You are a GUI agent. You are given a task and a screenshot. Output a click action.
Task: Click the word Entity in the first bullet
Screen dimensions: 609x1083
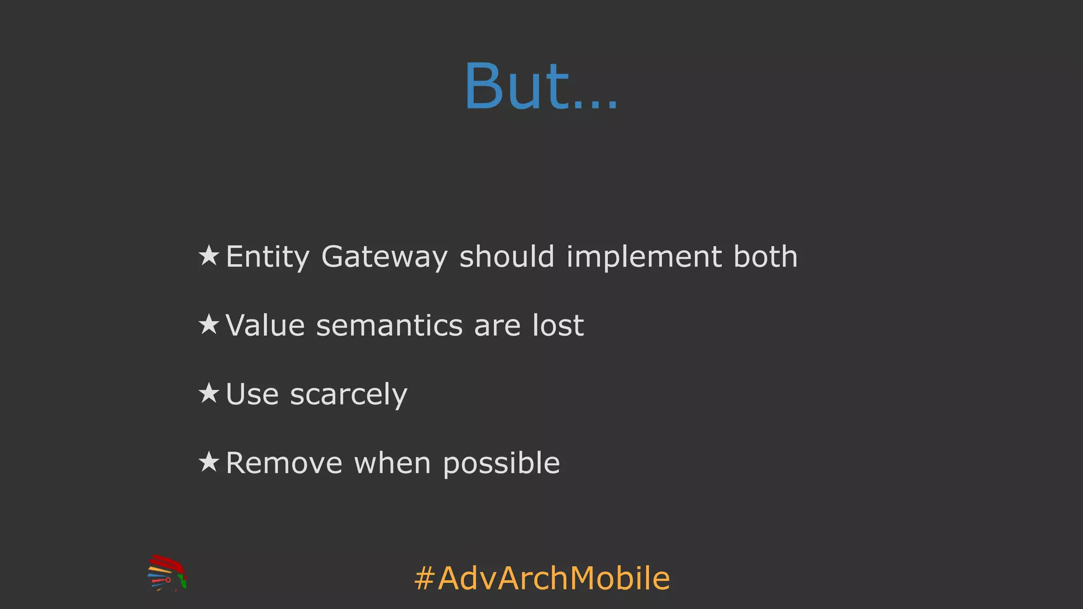pyautogui.click(x=268, y=257)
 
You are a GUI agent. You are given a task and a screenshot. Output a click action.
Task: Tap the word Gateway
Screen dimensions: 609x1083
pyautogui.click(x=384, y=257)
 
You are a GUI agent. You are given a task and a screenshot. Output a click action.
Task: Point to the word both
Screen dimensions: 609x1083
pyautogui.click(x=765, y=257)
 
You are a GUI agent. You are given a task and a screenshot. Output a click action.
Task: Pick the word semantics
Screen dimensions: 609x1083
pyautogui.click(x=390, y=325)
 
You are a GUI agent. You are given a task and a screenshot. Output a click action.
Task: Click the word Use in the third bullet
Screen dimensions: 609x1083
pyautogui.click(x=252, y=394)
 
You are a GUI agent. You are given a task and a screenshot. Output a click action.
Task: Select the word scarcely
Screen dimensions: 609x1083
pyautogui.click(x=348, y=394)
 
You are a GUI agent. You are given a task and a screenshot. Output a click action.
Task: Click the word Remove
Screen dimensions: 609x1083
pyautogui.click(x=284, y=463)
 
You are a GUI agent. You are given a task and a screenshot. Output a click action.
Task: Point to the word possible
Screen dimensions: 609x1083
pyautogui.click(x=501, y=463)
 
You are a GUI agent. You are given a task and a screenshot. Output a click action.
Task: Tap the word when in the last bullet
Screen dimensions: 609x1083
pyautogui.click(x=392, y=463)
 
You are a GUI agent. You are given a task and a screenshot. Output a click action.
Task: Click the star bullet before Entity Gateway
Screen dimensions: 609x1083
pyautogui.click(x=209, y=256)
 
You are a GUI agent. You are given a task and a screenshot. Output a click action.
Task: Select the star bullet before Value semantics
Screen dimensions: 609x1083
pyautogui.click(x=209, y=324)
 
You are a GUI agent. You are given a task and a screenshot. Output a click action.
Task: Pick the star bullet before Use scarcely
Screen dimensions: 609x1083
pyautogui.click(x=209, y=393)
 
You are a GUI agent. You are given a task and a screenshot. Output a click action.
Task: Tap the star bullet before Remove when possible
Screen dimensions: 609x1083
pyautogui.click(x=209, y=462)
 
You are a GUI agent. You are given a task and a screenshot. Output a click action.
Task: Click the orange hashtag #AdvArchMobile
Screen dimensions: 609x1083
pyautogui.click(x=542, y=578)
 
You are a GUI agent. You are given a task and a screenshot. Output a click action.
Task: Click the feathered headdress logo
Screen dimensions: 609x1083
pyautogui.click(x=167, y=573)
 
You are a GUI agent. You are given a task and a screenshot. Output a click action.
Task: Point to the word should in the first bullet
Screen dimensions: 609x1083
pyautogui.click(x=507, y=257)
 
